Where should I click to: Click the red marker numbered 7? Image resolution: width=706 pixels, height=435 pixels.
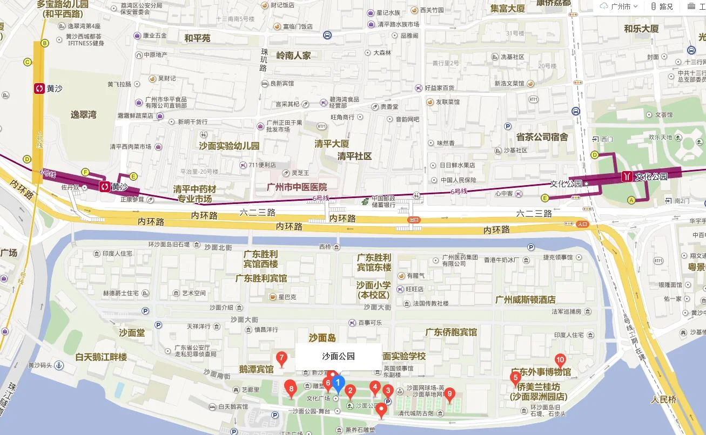[x=281, y=358]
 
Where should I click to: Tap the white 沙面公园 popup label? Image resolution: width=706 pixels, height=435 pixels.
[x=338, y=356]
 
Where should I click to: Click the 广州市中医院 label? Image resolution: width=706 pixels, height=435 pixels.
[x=297, y=187]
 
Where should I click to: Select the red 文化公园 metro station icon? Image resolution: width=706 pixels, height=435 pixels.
[x=627, y=176]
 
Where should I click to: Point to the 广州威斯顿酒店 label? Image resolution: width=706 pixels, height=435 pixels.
[x=525, y=300]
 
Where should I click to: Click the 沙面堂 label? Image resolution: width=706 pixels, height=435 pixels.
[x=132, y=333]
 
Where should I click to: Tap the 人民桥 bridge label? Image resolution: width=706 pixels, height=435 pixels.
[x=664, y=400]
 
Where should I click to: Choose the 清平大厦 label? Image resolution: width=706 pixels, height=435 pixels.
[x=332, y=144]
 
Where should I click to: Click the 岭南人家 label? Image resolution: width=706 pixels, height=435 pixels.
[x=293, y=56]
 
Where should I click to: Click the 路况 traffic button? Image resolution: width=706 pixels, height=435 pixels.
[x=662, y=6]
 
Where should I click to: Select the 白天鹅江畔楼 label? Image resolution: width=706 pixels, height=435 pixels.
[x=101, y=357]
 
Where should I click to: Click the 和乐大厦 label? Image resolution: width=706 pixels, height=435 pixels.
[x=641, y=29]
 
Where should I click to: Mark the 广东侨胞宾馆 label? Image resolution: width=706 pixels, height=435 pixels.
[x=451, y=332]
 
